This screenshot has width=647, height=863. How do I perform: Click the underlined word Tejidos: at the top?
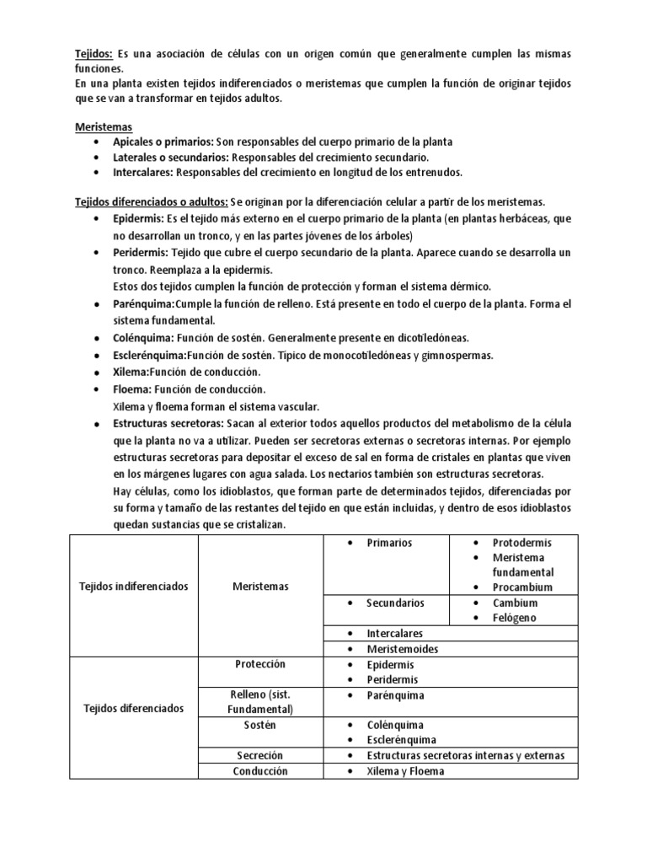tap(94, 54)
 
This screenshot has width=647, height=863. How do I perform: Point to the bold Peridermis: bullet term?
tap(142, 253)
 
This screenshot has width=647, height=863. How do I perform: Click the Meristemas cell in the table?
tap(259, 587)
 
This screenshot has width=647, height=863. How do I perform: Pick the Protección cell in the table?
tap(259, 664)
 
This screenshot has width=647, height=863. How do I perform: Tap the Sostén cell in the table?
tap(259, 725)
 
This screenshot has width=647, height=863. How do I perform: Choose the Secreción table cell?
tap(259, 755)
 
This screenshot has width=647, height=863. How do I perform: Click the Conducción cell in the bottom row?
tap(259, 770)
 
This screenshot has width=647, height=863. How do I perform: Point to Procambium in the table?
tap(522, 587)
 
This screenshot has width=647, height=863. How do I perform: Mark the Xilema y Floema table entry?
tap(405, 770)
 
